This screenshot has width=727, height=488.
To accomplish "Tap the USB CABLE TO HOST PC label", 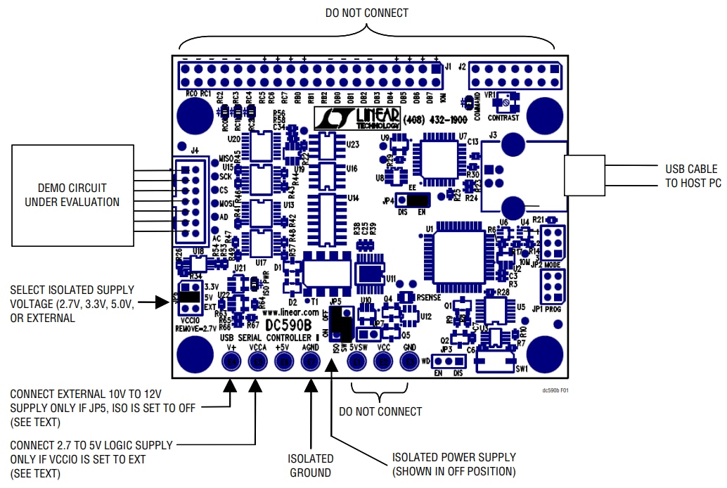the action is (691, 176).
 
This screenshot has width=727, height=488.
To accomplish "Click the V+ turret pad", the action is (231, 361).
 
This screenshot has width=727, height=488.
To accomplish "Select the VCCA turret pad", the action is (258, 361).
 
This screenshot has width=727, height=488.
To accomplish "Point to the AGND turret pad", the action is (311, 361).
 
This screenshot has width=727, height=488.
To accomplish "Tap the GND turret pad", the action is (409, 361).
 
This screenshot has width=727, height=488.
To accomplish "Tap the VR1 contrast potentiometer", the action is (503, 105).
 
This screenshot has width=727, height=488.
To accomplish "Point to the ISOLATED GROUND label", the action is (309, 465).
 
